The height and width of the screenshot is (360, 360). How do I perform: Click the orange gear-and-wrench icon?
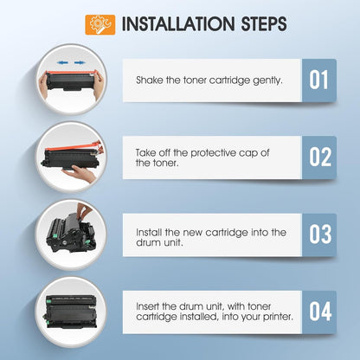[x=100, y=25]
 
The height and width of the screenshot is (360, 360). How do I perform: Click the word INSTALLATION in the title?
[x=178, y=24]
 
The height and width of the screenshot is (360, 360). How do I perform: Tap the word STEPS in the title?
[x=264, y=24]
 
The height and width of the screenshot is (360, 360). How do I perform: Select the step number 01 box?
[x=319, y=80]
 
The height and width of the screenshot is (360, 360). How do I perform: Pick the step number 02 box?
[x=319, y=157]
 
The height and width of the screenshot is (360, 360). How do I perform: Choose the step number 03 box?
[x=319, y=235]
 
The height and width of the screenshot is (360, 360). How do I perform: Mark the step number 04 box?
[x=319, y=312]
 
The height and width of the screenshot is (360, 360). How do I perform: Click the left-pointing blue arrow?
[x=62, y=62]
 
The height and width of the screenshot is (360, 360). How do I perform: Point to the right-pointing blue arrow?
[x=80, y=62]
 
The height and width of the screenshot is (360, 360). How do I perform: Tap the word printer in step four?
[x=278, y=317]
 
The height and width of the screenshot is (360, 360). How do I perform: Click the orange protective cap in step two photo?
[x=74, y=147]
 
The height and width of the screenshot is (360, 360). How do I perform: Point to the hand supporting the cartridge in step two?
[x=79, y=173]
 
